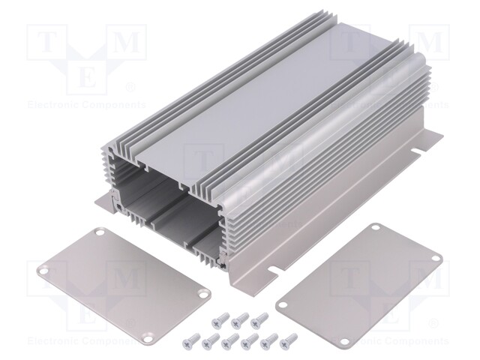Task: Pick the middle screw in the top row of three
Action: tap(239, 321)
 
